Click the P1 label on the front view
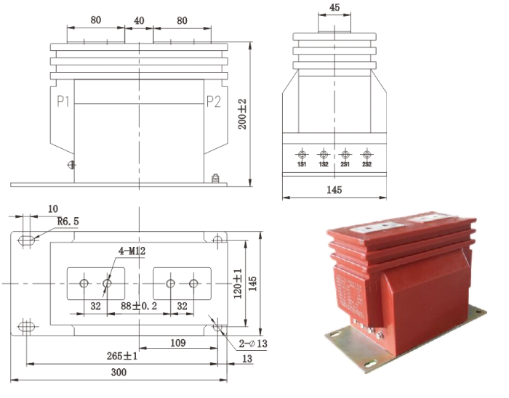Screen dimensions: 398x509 click(63, 101)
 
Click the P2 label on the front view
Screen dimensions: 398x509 click(213, 101)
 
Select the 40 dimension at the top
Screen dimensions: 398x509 click(138, 21)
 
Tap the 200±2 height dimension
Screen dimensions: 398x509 click(244, 114)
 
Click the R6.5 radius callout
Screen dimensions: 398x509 click(68, 222)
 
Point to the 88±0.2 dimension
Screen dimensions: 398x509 click(138, 307)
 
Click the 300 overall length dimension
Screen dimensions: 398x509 click(119, 372)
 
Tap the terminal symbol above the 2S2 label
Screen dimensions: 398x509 click(366, 155)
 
